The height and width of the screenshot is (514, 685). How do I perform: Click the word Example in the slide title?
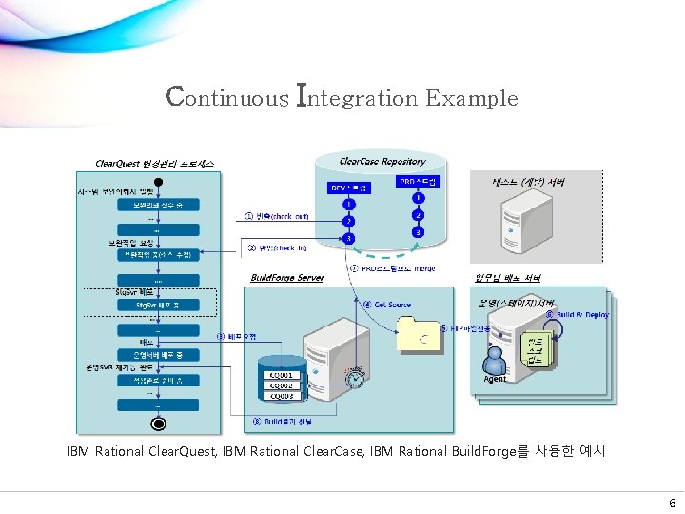[x=472, y=98]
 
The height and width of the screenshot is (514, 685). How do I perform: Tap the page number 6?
[x=672, y=504]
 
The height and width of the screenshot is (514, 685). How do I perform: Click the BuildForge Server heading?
[x=287, y=278]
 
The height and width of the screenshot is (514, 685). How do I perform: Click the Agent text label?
[x=495, y=379]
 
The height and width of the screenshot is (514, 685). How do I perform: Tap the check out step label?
[x=277, y=216]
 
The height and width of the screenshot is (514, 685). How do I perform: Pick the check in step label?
[x=277, y=248]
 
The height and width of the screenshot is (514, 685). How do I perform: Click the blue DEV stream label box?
[x=349, y=188]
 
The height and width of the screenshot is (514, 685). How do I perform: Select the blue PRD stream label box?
[x=417, y=181]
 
